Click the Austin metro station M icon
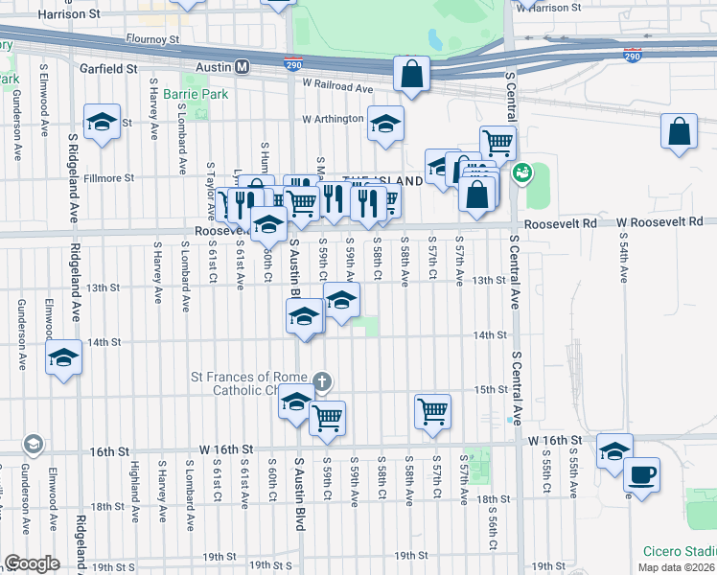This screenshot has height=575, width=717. tap(243, 67)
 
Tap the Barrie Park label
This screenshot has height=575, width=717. tap(196, 95)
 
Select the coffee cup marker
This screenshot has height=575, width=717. tap(641, 473)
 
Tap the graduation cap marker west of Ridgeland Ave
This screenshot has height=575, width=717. tap(64, 358)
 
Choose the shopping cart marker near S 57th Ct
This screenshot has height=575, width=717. tap(432, 411)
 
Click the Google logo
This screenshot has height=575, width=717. tap(32, 563)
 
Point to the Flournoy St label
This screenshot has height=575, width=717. tap(152, 39)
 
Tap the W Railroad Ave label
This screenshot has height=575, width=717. tap(336, 87)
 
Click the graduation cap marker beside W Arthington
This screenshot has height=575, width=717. tap(385, 123)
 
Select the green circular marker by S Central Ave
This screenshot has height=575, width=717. tap(521, 173)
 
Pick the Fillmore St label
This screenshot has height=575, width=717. tap(107, 178)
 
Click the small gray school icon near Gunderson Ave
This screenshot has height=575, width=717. tap(33, 444)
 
